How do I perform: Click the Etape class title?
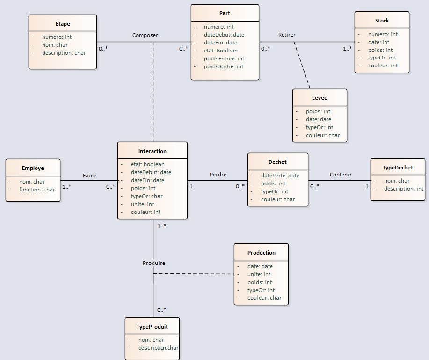click(63, 24)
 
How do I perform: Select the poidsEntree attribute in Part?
click(224, 59)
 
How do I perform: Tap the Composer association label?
click(145, 35)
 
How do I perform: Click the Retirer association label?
click(287, 35)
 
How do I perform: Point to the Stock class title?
click(382, 21)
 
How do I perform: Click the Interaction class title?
click(152, 151)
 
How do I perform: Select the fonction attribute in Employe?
click(37, 190)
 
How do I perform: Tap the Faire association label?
click(89, 176)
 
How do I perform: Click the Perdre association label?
click(218, 175)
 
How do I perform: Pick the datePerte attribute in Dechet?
click(280, 176)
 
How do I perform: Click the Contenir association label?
click(341, 175)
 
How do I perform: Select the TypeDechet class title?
click(398, 168)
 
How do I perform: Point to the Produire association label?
click(154, 263)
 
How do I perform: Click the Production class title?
click(261, 253)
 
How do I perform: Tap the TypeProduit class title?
click(152, 327)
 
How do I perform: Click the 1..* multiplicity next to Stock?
click(347, 48)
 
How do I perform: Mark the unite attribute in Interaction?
click(142, 204)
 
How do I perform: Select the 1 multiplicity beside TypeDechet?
click(367, 186)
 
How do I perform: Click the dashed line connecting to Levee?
click(302, 65)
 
